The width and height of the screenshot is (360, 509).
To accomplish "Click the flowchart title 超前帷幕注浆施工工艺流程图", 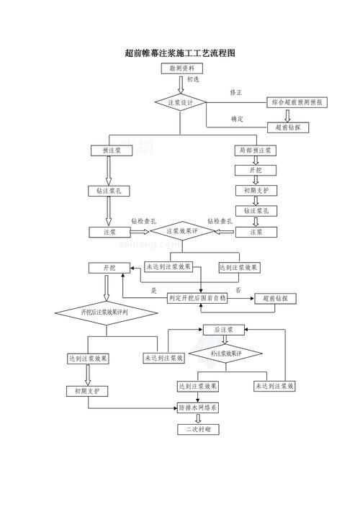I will [180, 53].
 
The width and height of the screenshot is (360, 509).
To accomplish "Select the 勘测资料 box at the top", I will [181, 68].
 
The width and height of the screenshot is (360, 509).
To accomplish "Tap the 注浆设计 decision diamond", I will [181, 103].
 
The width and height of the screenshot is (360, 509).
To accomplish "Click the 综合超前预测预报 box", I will [297, 103].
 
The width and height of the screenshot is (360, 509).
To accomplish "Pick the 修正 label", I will [236, 93].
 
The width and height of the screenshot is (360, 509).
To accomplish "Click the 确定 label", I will [237, 118].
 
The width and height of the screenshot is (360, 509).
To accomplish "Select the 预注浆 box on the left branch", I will [110, 150].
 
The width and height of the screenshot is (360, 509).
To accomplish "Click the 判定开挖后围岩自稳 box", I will [197, 298].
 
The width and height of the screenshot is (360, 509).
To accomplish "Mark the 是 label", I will [153, 290].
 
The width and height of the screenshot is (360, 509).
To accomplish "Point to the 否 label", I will [238, 289].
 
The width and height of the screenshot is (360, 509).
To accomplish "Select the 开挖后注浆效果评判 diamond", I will [106, 312].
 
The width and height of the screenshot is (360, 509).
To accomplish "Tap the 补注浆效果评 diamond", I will [225, 354].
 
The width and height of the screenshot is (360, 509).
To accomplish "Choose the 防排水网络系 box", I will [198, 407].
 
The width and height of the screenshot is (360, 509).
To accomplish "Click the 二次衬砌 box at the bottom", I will [198, 429].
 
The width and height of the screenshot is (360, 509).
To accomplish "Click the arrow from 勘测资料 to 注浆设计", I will [181, 84].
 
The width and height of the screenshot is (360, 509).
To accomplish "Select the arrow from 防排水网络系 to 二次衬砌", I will [198, 418].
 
